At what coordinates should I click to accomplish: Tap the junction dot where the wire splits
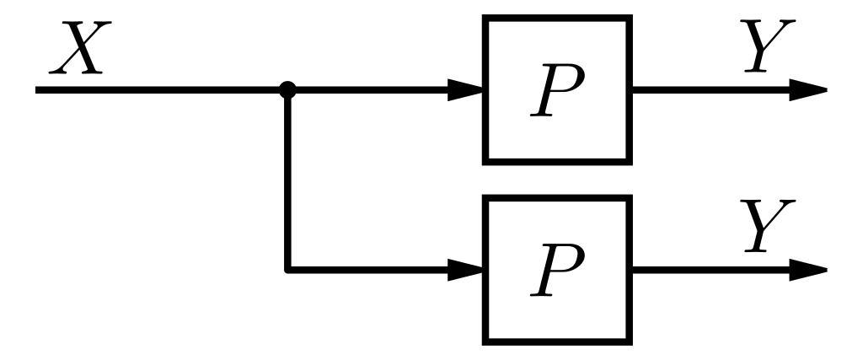[287, 89]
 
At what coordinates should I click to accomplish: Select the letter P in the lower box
[557, 271]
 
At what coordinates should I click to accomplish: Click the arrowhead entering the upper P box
[465, 89]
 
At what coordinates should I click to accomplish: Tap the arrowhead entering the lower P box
[465, 270]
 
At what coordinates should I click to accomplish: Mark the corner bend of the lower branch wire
[288, 270]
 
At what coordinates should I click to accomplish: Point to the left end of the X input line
[39, 89]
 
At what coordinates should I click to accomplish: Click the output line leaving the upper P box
[708, 89]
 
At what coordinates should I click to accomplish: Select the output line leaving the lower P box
[708, 270]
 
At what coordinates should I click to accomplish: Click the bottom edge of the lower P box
[557, 341]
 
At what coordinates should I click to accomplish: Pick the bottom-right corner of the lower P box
[629, 341]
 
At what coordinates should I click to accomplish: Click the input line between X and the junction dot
[160, 89]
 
